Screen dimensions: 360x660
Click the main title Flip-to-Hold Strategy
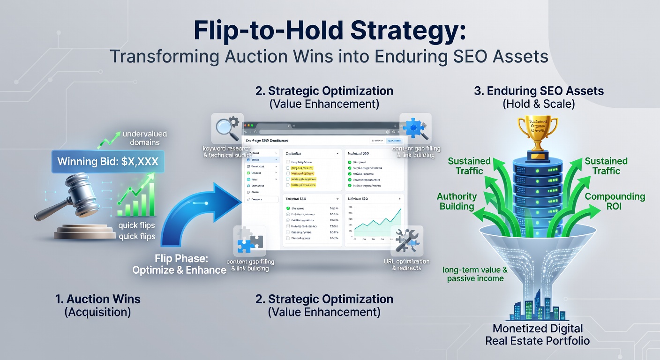click(x=330, y=32)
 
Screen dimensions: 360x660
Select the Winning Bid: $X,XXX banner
click(x=107, y=162)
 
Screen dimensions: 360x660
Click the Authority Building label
click(x=457, y=201)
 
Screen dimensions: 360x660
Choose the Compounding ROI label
click(x=615, y=201)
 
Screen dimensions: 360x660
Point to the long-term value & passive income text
click(x=475, y=274)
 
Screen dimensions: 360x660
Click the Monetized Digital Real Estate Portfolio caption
click(x=537, y=334)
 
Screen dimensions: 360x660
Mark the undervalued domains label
click(x=144, y=138)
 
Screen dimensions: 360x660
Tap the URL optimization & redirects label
click(x=406, y=264)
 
